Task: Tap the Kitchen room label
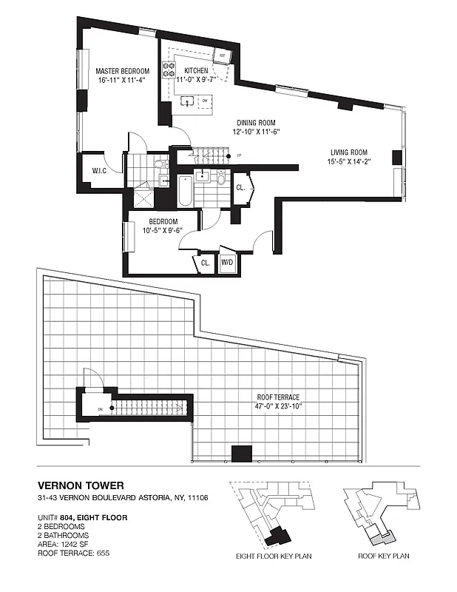click(186, 71)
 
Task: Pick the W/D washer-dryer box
click(228, 262)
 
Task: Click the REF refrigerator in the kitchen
click(220, 55)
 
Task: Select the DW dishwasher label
click(204, 98)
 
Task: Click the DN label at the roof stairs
click(100, 407)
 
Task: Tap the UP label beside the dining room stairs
click(239, 155)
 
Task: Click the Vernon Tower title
click(81, 485)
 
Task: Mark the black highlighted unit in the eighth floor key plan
click(280, 534)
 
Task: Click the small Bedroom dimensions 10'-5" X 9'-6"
click(162, 229)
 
